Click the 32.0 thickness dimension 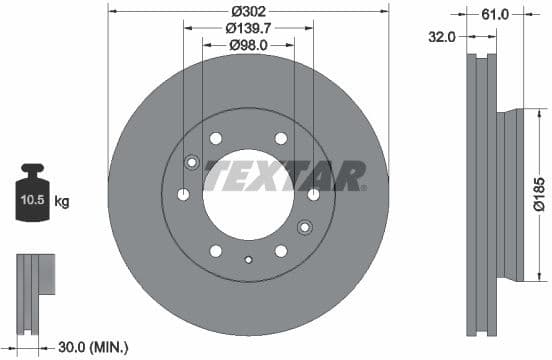coord(442,36)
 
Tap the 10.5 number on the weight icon coord(32,202)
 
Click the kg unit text coord(62,202)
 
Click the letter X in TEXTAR coord(267,177)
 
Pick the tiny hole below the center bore coord(248,262)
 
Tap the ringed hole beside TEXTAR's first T coord(193,159)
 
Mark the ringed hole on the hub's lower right coord(304,225)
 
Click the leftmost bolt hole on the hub coord(182,194)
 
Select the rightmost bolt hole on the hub coord(314,194)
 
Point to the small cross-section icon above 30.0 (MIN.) coord(32,286)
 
